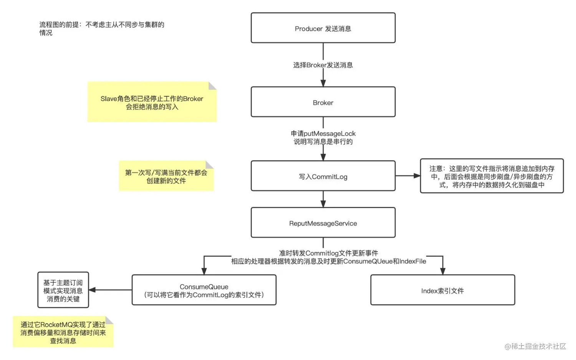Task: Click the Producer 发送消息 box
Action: (323, 28)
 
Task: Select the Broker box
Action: (323, 102)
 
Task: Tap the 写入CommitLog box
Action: (323, 176)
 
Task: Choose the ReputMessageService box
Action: (323, 223)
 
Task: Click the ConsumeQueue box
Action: (204, 290)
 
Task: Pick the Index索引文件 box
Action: (442, 290)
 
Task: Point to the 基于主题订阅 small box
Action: (63, 290)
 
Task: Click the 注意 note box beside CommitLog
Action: (492, 176)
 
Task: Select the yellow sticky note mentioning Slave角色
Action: (152, 102)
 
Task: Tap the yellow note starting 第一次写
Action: (166, 176)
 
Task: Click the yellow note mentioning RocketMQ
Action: (63, 332)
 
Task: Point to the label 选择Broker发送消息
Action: (323, 65)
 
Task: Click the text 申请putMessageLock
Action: (323, 133)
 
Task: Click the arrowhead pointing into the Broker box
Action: (323, 83)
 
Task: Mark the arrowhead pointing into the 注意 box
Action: (417, 176)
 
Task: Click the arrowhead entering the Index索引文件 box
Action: (442, 271)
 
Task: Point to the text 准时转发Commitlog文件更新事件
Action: (328, 253)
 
